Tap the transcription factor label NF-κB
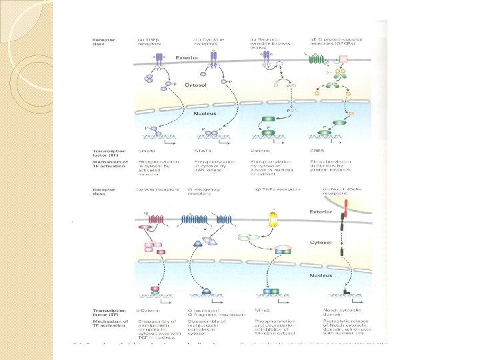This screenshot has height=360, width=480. pos(261,311)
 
